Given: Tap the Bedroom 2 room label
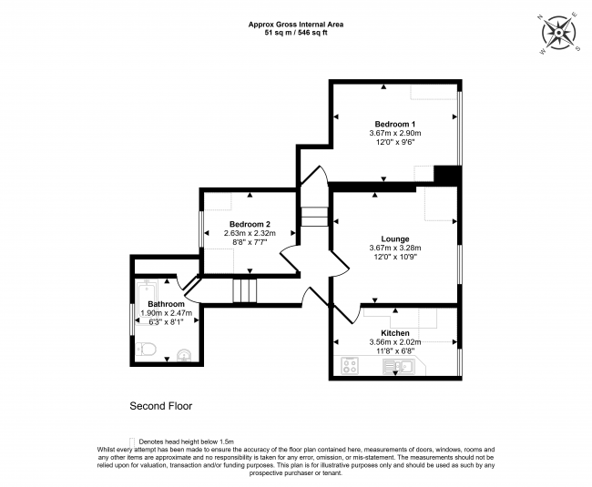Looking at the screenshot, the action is pos(250,224).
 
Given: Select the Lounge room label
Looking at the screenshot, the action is pos(395,238).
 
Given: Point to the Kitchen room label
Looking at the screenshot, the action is pos(395,333).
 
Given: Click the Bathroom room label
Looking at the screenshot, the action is pos(166,304).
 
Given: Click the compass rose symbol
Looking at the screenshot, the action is pos(559,33).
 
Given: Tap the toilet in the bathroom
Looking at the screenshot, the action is pos(146,350).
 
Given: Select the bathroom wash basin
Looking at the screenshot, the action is pos(184,355).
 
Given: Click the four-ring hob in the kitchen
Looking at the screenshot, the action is pos(350,366).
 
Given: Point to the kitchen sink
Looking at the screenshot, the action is pos(399,366).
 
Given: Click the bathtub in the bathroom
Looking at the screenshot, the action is pos(147,302).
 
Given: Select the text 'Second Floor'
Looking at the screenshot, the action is pos(161,406).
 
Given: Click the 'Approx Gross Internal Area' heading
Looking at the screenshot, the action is pos(296,25).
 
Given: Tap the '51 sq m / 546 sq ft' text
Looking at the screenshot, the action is pos(296,33).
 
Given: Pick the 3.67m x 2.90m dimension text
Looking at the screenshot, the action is pos(395,133).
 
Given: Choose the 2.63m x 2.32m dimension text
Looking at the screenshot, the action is pos(250,233).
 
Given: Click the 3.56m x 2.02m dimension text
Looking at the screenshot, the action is pos(395,342).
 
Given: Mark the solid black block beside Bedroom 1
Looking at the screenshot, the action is pos(447,175).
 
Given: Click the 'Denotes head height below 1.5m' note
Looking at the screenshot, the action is pos(186,441).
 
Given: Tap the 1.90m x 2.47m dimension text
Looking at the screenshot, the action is pos(166,313).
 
